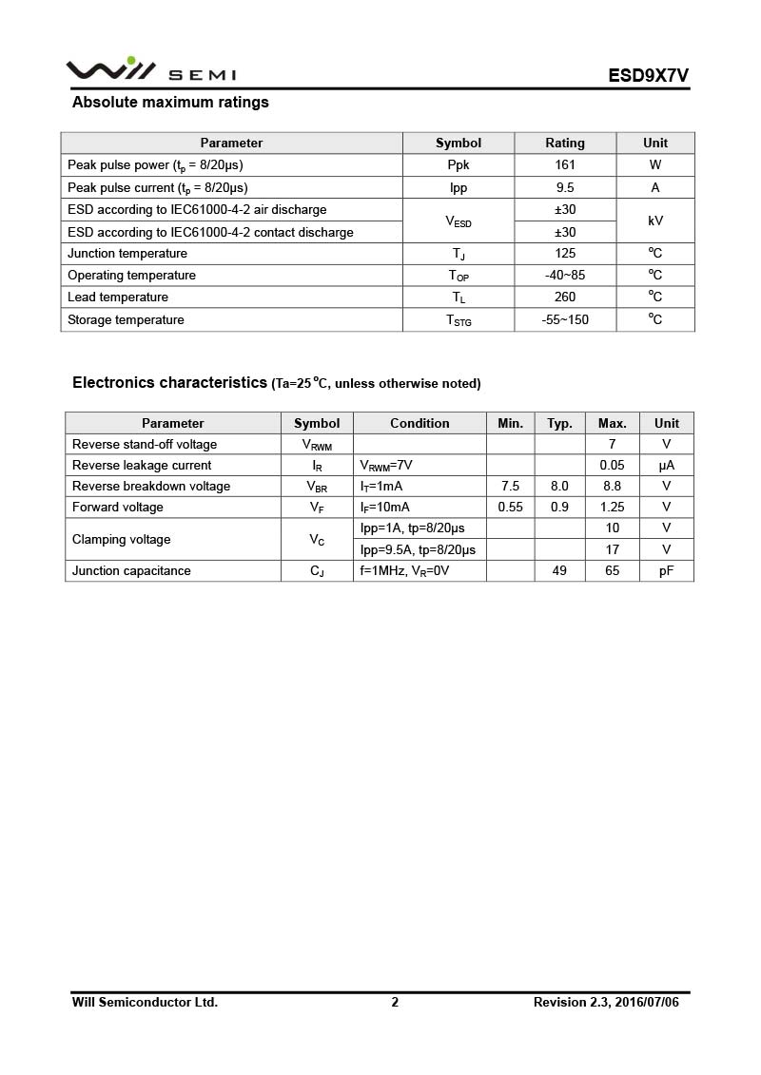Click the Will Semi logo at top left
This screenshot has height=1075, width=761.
pos(150,71)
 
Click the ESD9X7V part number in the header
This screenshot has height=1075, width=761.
pos(649,75)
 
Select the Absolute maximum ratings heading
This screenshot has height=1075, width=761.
pos(170,103)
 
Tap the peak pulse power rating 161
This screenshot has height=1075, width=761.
pos(565,164)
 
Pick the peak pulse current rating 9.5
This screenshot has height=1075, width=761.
pos(565,187)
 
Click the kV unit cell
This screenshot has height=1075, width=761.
pos(655,221)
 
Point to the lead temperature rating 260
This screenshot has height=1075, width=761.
pos(565,298)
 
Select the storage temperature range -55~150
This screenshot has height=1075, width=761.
pos(565,320)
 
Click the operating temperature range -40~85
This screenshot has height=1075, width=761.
pos(565,276)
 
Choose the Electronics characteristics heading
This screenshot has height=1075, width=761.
pos(169,383)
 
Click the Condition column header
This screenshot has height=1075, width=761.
pos(420,423)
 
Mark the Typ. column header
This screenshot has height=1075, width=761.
pos(559,423)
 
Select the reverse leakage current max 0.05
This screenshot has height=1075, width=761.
pos(612,466)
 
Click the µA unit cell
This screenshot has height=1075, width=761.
pos(667,466)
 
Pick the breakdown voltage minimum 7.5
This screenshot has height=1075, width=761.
pos(510,487)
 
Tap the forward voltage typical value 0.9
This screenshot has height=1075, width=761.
pos(559,508)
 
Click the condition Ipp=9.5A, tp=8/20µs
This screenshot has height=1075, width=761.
pos(418,549)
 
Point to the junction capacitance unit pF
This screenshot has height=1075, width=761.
pos(667,571)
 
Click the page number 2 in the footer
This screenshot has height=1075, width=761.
pos(395,1002)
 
